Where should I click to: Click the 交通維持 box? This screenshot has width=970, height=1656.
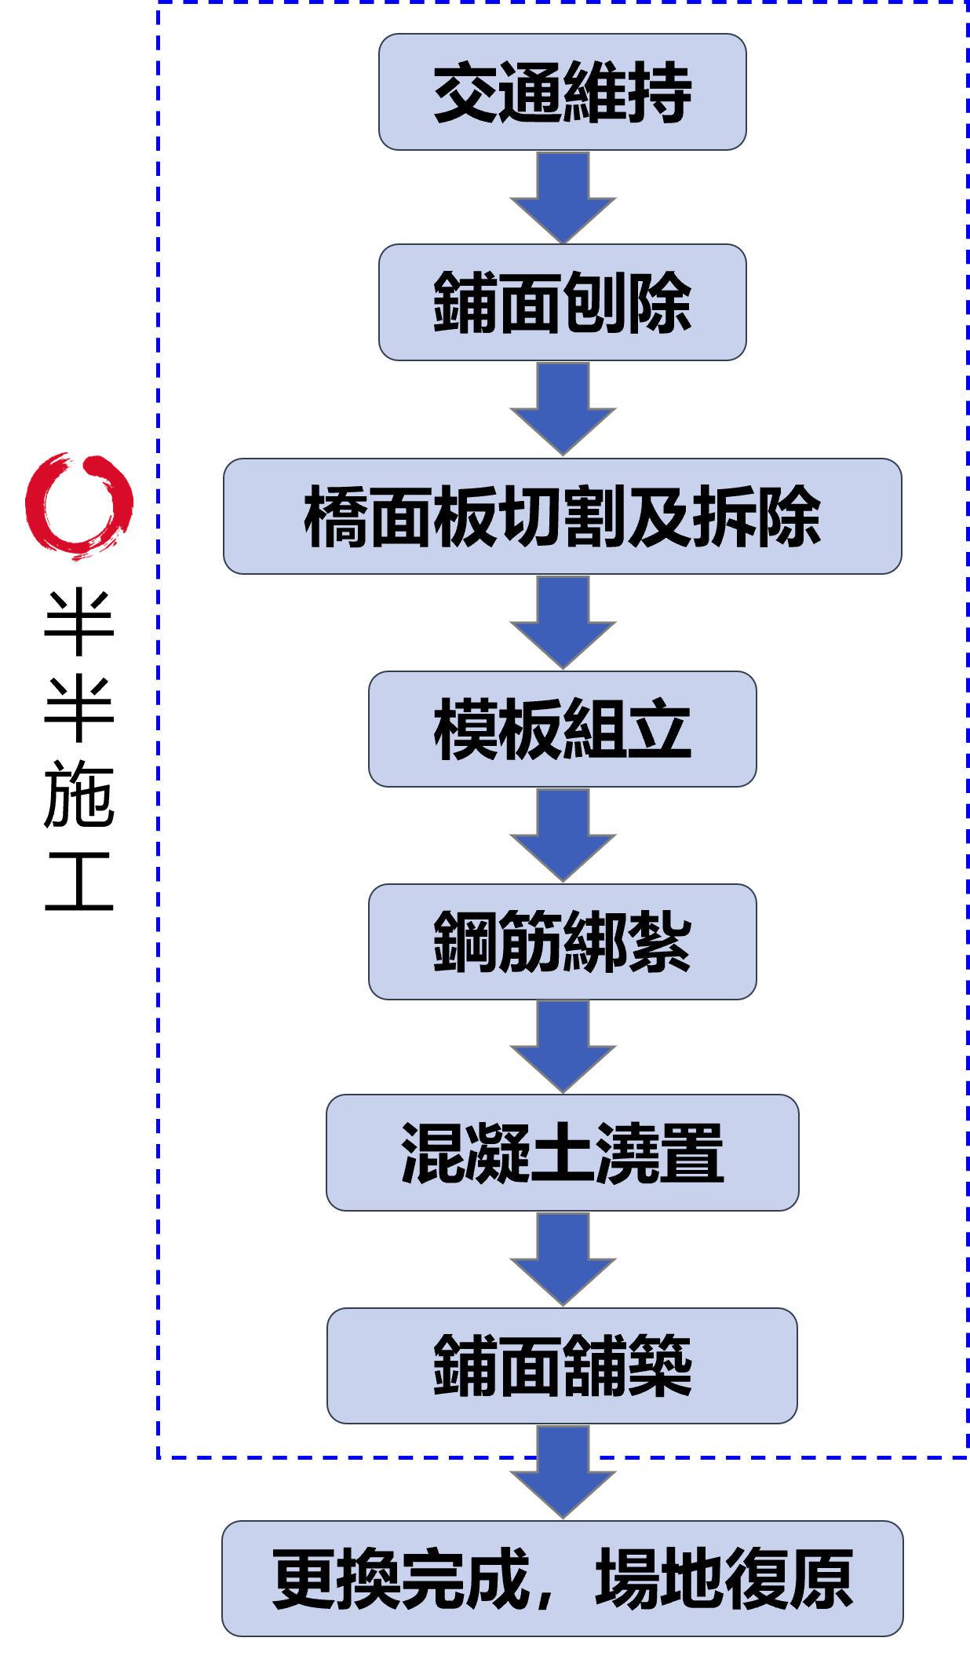pyautogui.click(x=562, y=92)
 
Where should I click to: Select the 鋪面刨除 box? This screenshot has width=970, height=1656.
pyautogui.click(x=562, y=302)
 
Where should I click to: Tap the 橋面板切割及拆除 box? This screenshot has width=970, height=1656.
pyautogui.click(x=562, y=516)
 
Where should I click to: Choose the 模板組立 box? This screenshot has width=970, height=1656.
pyautogui.click(x=562, y=729)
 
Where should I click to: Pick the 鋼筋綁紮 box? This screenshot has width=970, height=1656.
pyautogui.click(x=562, y=941)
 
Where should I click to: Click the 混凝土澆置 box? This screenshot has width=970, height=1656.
pyautogui.click(x=562, y=1153)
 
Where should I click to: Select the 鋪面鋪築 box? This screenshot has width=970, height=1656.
pyautogui.click(x=562, y=1365)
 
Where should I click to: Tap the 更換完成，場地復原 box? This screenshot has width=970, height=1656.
pyautogui.click(x=562, y=1578)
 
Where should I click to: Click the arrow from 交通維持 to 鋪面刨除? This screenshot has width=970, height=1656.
pyautogui.click(x=563, y=198)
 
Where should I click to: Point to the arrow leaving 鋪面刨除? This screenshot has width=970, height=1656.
pyautogui.click(x=563, y=409)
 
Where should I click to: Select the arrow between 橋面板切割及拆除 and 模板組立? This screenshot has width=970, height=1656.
pyautogui.click(x=563, y=623)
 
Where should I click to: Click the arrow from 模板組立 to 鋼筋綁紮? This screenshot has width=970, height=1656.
pyautogui.click(x=563, y=835)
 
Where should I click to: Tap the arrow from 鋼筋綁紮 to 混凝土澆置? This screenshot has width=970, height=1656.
pyautogui.click(x=563, y=1047)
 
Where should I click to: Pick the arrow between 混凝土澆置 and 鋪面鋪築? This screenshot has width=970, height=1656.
pyautogui.click(x=563, y=1259)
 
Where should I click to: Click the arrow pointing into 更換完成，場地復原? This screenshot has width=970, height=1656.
pyautogui.click(x=563, y=1472)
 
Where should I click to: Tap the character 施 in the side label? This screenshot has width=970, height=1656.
pyautogui.click(x=79, y=794)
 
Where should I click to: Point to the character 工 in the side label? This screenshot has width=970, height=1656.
pyautogui.click(x=79, y=881)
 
